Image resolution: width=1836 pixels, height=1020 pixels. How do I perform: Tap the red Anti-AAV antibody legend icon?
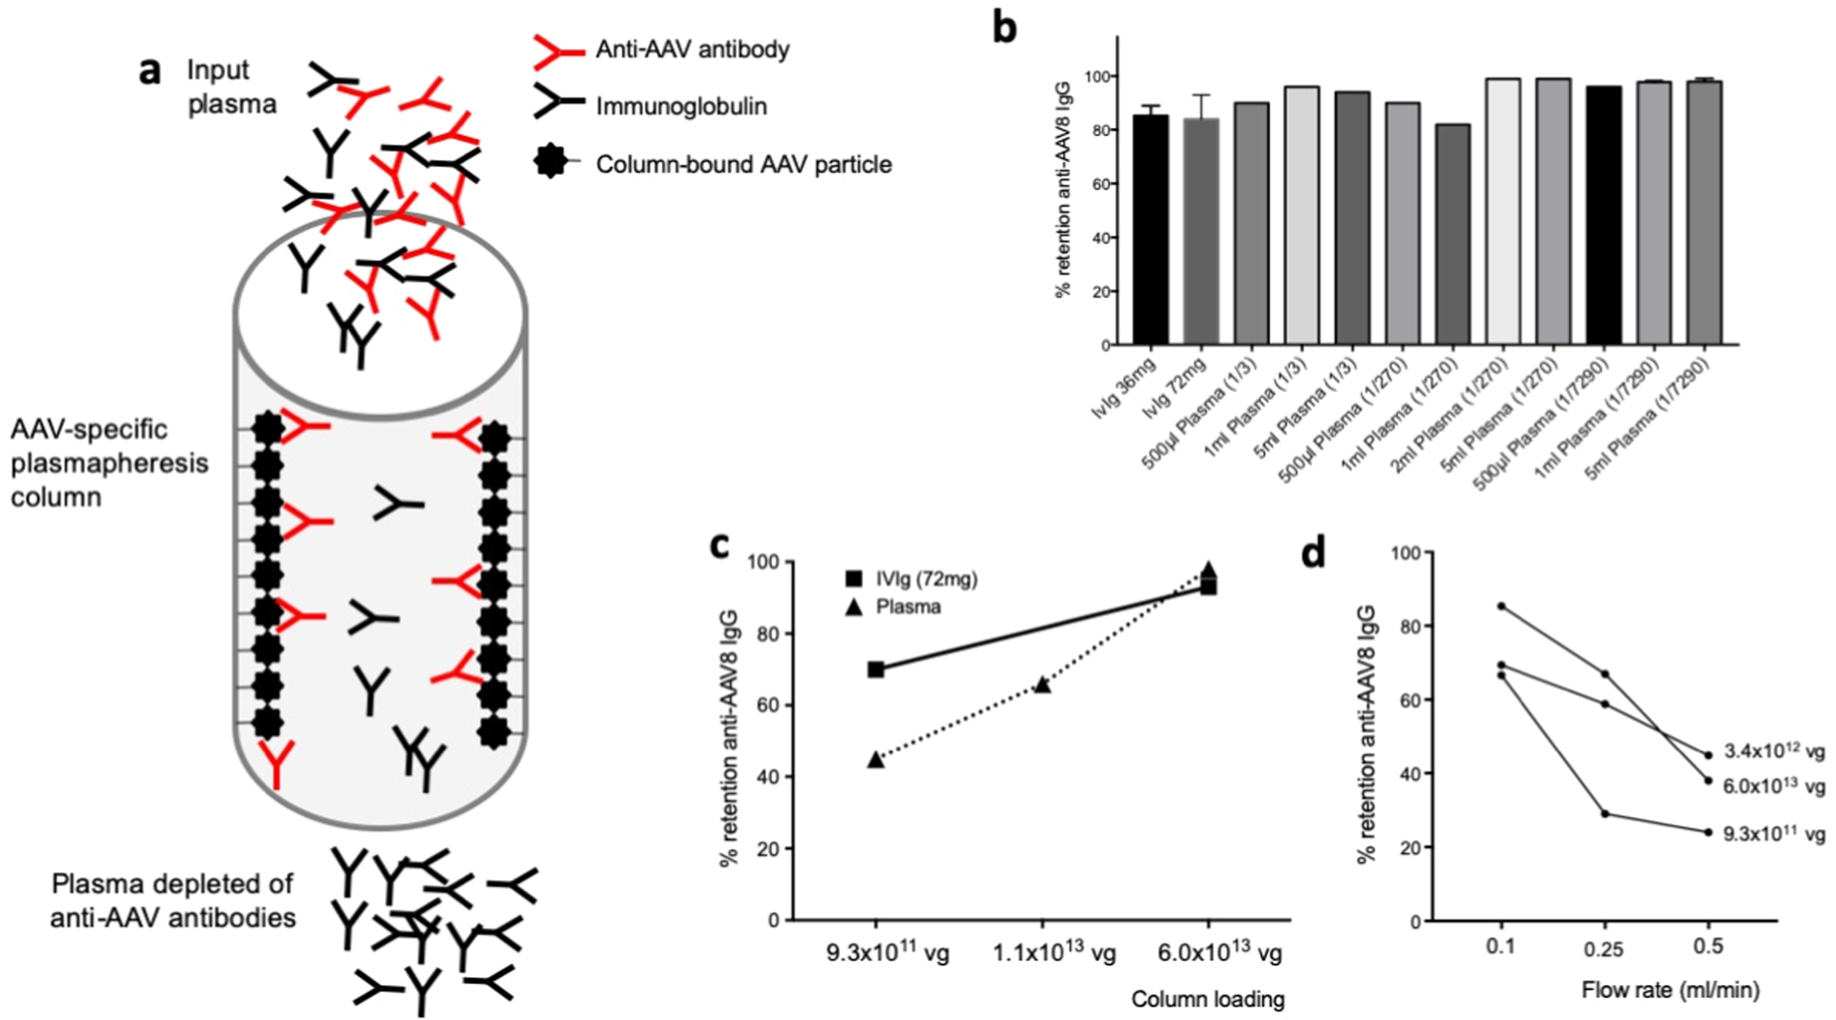tap(558, 49)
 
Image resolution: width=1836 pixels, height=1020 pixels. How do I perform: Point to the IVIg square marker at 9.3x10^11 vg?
tap(876, 670)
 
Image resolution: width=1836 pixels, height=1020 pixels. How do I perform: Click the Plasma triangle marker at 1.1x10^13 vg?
tap(1042, 684)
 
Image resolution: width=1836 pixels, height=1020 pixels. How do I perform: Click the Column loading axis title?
tap(1207, 999)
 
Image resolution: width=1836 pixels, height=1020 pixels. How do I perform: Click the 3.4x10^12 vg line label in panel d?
tap(1774, 751)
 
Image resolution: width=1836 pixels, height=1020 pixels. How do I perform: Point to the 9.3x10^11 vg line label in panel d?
tap(1774, 834)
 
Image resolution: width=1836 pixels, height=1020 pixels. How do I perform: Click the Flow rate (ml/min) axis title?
tap(1670, 990)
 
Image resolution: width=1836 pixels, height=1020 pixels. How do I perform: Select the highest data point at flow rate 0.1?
tap(1502, 606)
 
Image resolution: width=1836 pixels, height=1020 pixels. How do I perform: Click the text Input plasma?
tap(231, 86)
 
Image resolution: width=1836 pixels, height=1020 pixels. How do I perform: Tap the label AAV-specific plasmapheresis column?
tap(109, 463)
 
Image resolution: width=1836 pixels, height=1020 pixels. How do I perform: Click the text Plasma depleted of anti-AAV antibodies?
tap(173, 900)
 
